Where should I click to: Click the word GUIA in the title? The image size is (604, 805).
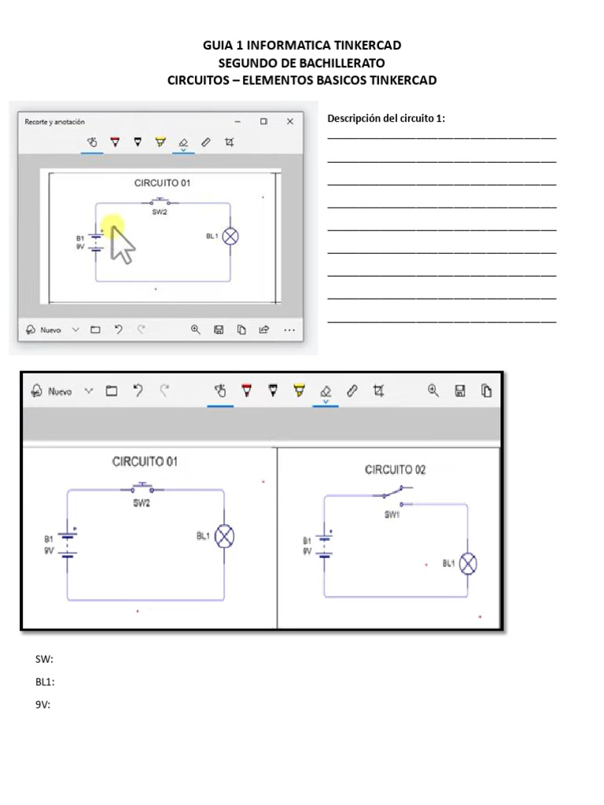coord(218,46)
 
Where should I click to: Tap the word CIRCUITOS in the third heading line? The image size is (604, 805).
coord(196,80)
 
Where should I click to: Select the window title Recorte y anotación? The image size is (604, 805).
coord(55,122)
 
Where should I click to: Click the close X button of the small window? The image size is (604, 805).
coord(290,122)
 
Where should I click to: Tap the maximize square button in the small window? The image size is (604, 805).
coord(263,122)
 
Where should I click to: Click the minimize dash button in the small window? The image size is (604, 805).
coord(238,122)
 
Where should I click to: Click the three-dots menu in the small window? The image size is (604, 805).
coord(289,330)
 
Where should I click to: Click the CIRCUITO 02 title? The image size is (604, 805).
coord(395,470)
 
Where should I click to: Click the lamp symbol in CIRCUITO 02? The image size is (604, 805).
coord(468,563)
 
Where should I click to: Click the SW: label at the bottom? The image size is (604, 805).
coord(44,659)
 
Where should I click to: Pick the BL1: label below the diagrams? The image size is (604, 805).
coord(45,682)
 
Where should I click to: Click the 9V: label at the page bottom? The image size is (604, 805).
coord(42,704)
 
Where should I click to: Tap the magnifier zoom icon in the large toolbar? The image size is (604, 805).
coord(433,390)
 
